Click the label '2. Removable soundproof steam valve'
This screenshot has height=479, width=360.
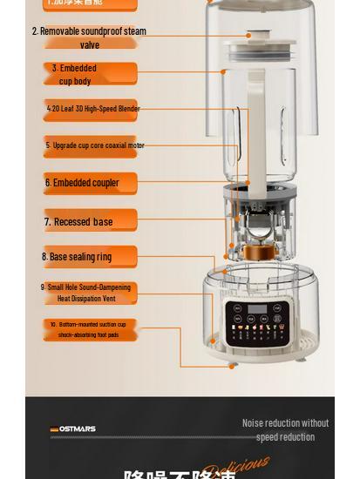pos(89,37)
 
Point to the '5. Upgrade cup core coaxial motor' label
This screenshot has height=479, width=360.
pos(94,145)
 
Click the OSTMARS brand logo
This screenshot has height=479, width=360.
pos(73,429)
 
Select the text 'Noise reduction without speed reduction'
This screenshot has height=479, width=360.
pos(285,429)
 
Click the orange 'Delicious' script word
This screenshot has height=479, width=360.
pos(236,469)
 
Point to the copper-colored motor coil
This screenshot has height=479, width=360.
pos(256,253)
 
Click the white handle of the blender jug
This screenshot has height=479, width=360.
pos(255,131)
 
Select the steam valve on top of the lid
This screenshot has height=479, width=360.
pos(248,36)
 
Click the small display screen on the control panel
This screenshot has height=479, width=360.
pos(256,310)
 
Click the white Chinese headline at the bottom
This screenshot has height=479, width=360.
pos(179,474)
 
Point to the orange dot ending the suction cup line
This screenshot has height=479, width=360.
pos(232,366)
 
